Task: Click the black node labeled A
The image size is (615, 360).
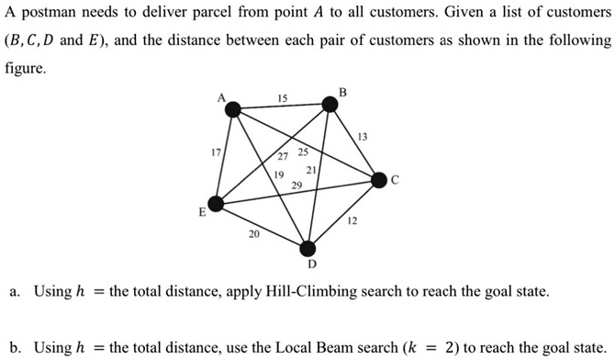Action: (x=234, y=110)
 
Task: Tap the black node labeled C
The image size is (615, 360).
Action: (x=378, y=181)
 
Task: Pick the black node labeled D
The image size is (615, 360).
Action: (x=310, y=247)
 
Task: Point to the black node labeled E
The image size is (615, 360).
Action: (x=215, y=204)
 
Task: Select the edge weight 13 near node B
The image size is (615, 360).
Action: (x=363, y=137)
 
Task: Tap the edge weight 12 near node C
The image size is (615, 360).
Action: (x=352, y=221)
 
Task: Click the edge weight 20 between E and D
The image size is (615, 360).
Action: (x=253, y=234)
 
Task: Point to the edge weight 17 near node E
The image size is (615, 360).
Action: (x=217, y=152)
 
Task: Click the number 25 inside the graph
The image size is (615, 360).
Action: (x=303, y=151)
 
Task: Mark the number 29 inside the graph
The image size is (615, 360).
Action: (x=296, y=186)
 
